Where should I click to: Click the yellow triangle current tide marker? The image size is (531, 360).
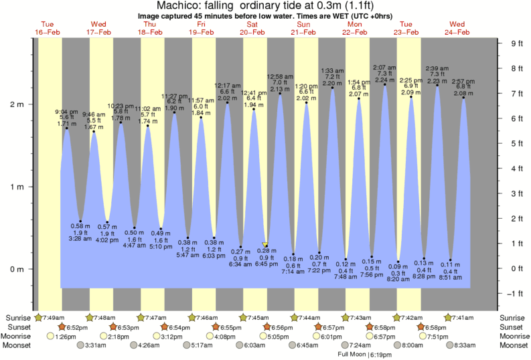tap(266, 245)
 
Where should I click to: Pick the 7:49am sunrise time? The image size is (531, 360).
tap(55, 317)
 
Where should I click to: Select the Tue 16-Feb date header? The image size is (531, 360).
tap(47, 28)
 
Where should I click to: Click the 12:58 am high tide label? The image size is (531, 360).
tap(280, 77)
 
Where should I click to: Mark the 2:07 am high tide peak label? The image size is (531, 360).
tap(384, 68)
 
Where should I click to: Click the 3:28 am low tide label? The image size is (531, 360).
tap(80, 239)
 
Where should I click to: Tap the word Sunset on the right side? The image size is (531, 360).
tap(513, 327)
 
